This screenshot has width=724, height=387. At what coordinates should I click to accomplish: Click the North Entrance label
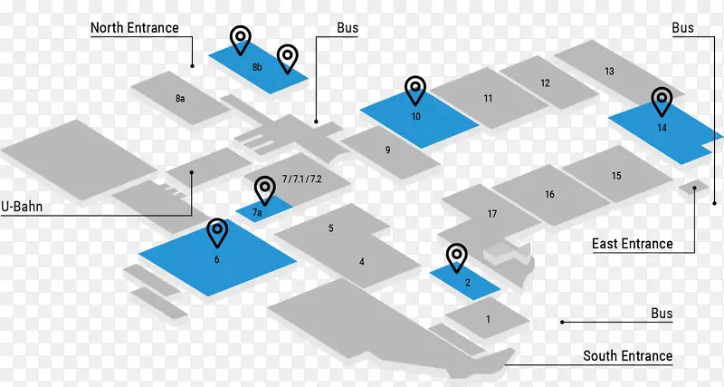click(134, 28)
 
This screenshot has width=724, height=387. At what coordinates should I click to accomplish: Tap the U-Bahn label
click(23, 208)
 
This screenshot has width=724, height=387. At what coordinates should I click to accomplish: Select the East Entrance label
click(632, 244)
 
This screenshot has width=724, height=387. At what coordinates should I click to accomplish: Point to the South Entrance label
click(627, 356)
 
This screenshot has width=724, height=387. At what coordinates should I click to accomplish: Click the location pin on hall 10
click(415, 90)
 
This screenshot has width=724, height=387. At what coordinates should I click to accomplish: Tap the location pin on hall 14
click(662, 101)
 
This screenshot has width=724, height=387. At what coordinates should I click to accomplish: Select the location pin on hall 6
click(217, 232)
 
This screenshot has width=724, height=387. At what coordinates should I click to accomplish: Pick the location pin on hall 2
click(457, 257)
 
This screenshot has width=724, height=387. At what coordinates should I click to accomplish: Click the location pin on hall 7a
click(264, 189)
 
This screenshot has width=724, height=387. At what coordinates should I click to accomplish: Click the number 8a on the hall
click(180, 98)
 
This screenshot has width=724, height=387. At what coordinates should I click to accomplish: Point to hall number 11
click(488, 98)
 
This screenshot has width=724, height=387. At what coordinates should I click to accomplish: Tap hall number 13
click(545, 83)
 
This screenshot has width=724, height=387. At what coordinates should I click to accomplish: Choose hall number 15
click(609, 72)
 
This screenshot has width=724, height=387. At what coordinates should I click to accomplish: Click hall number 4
click(361, 262)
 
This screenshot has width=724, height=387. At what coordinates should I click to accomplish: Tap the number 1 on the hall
click(488, 319)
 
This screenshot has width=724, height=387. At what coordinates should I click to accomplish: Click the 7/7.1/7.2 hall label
click(302, 179)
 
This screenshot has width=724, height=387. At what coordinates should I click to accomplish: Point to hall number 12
click(545, 83)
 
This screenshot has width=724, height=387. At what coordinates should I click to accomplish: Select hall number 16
click(549, 195)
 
